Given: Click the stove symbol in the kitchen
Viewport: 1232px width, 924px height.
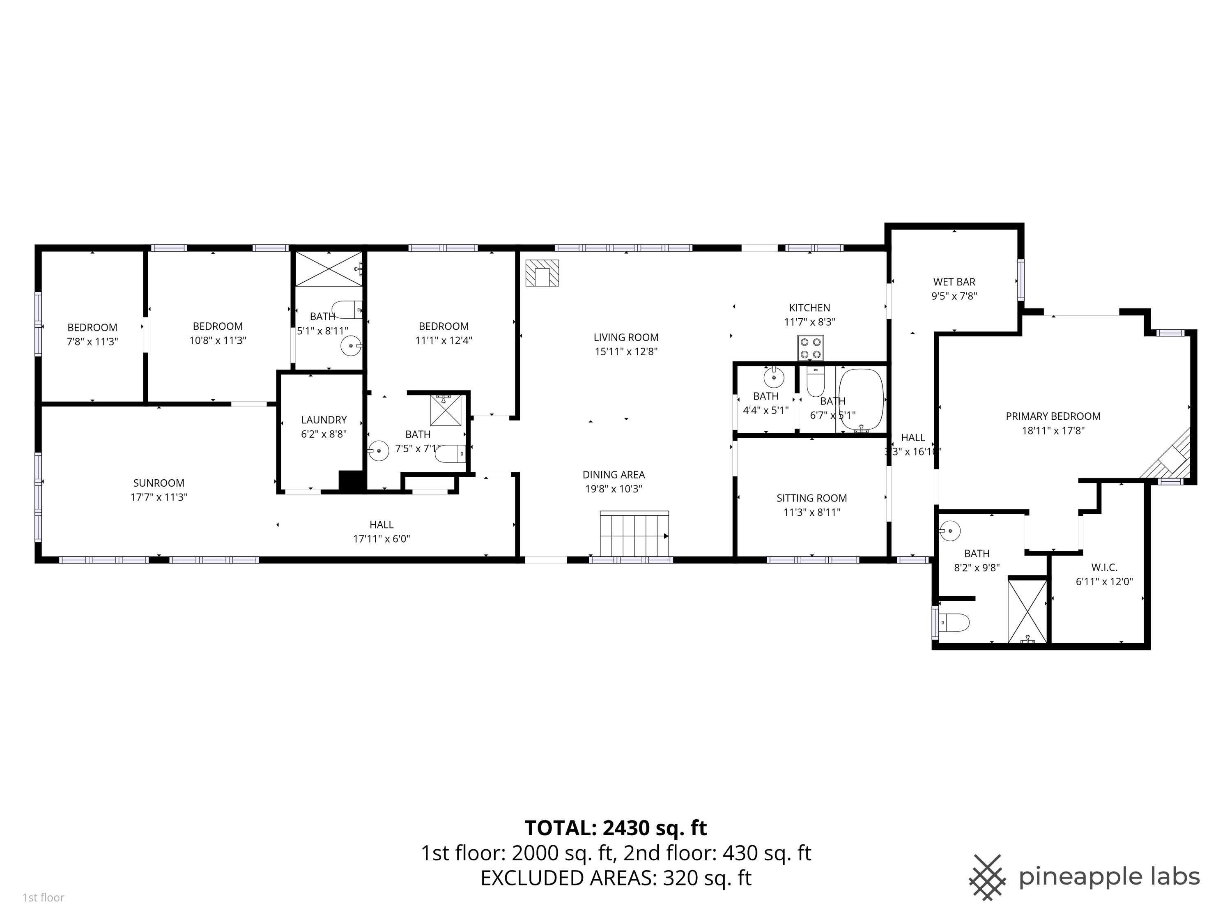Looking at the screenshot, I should point(810,348).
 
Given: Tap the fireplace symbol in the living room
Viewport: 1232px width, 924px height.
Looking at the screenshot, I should point(542,273).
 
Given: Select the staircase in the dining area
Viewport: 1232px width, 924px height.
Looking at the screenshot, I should point(634,533).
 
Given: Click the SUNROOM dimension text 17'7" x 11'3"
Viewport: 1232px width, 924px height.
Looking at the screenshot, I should point(159,497).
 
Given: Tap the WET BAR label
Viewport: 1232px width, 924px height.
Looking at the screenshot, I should point(954,282).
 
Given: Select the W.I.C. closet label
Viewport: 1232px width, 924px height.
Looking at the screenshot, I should point(1104,568).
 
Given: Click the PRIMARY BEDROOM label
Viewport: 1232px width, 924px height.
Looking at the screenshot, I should point(1053,416).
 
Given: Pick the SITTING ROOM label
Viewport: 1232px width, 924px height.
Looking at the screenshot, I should point(811,498).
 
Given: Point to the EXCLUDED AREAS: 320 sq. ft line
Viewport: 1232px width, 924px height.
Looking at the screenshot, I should point(616,878).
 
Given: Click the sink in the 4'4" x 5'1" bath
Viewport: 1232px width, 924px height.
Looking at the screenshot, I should point(774,378).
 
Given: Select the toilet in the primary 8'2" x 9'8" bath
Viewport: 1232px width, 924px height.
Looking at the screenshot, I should point(954,622).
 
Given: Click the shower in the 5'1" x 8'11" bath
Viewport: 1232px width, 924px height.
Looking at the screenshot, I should point(329,269).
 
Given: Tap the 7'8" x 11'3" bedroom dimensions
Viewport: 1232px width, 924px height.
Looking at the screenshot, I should point(92,341).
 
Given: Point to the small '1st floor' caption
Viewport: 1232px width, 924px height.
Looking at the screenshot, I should point(44,897).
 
